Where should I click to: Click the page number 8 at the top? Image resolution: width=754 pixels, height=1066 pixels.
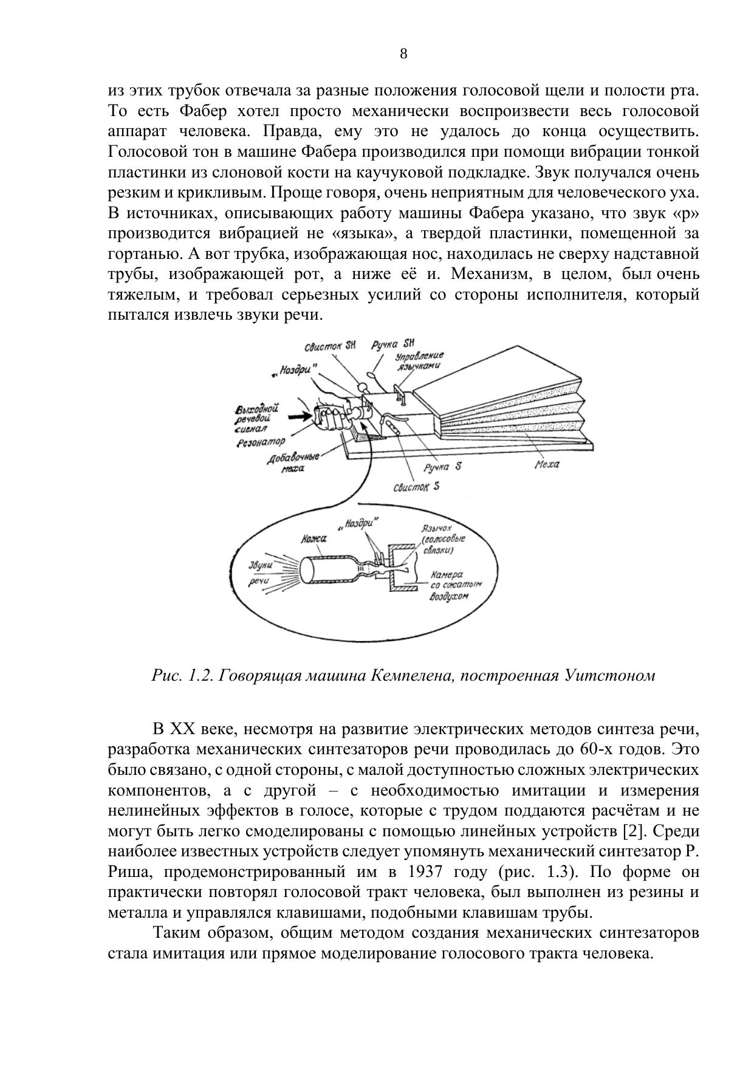point(403,54)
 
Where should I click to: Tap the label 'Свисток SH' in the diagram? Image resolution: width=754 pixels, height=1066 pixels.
point(330,346)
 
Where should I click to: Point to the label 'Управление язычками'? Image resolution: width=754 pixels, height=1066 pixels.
point(419,360)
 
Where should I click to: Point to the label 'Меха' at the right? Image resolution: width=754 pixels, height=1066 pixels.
point(547,464)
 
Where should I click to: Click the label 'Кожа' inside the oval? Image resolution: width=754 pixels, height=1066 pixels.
point(314,539)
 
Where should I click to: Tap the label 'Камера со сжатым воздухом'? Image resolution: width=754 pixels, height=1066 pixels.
point(455,585)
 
